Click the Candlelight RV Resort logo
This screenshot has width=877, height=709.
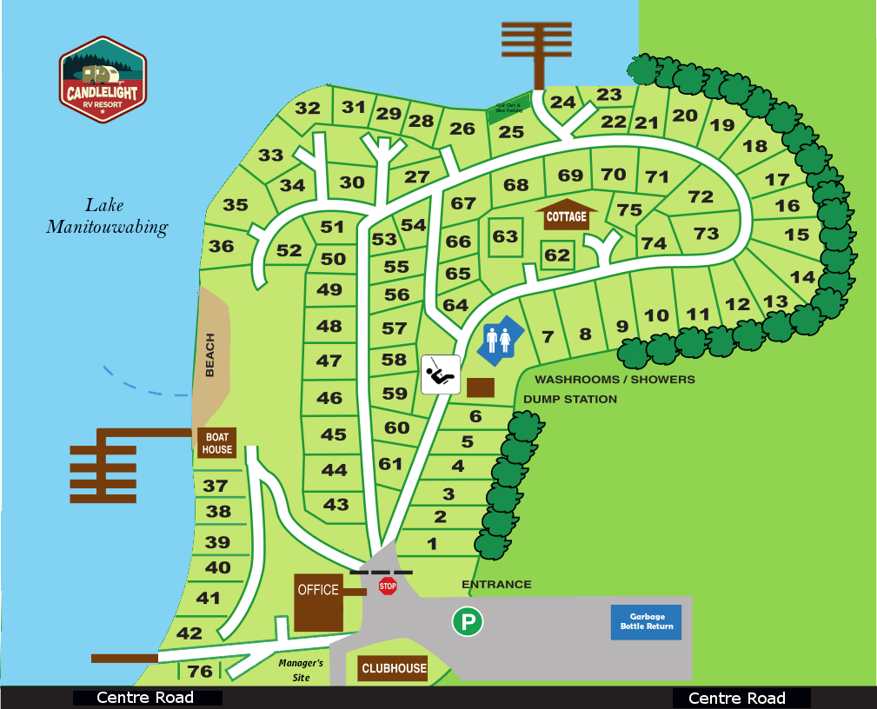(103, 80)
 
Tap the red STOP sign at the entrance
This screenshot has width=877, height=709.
(388, 586)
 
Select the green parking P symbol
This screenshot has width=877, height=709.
(468, 622)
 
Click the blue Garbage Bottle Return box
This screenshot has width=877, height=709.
(647, 622)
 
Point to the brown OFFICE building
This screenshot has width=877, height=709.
(318, 601)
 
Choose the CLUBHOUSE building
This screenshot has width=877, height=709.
(394, 668)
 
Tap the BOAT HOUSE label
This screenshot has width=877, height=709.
(217, 444)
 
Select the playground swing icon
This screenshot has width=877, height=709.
(441, 374)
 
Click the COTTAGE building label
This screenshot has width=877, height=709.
(566, 216)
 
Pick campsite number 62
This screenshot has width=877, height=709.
(557, 255)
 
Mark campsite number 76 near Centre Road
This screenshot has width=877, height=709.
(200, 672)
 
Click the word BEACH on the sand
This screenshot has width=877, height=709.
(209, 355)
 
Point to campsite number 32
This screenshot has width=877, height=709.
(308, 109)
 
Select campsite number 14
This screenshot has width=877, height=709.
(803, 277)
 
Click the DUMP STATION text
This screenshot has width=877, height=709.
(570, 400)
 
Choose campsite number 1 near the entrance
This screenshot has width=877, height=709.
(432, 545)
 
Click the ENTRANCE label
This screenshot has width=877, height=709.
(496, 585)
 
